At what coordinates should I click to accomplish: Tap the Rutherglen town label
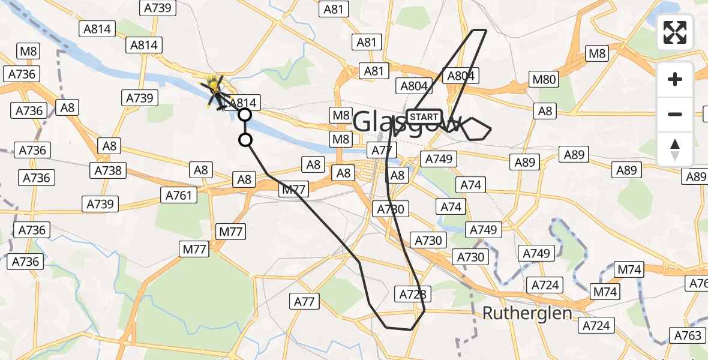pyautogui.click(x=527, y=313)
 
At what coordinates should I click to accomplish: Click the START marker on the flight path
pyautogui.click(x=425, y=116)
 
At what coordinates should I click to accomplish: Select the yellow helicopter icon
pyautogui.click(x=215, y=91)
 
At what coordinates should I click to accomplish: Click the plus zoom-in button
pyautogui.click(x=675, y=79)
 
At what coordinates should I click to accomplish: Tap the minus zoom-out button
pyautogui.click(x=675, y=114)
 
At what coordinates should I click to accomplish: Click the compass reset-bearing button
pyautogui.click(x=675, y=149)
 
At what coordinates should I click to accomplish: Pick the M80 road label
pyautogui.click(x=545, y=79)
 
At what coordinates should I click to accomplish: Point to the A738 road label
pyautogui.click(x=108, y=170)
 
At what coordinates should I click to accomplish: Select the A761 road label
pyautogui.click(x=178, y=195)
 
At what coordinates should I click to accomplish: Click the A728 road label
pyautogui.click(x=413, y=294)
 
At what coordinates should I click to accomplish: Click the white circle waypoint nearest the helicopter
pyautogui.click(x=245, y=115)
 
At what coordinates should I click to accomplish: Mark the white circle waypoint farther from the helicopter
pyautogui.click(x=245, y=140)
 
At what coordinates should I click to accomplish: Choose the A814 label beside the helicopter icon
pyautogui.click(x=243, y=103)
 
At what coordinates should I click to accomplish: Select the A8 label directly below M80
pyautogui.click(x=545, y=110)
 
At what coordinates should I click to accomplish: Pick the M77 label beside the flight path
pyautogui.click(x=293, y=190)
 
